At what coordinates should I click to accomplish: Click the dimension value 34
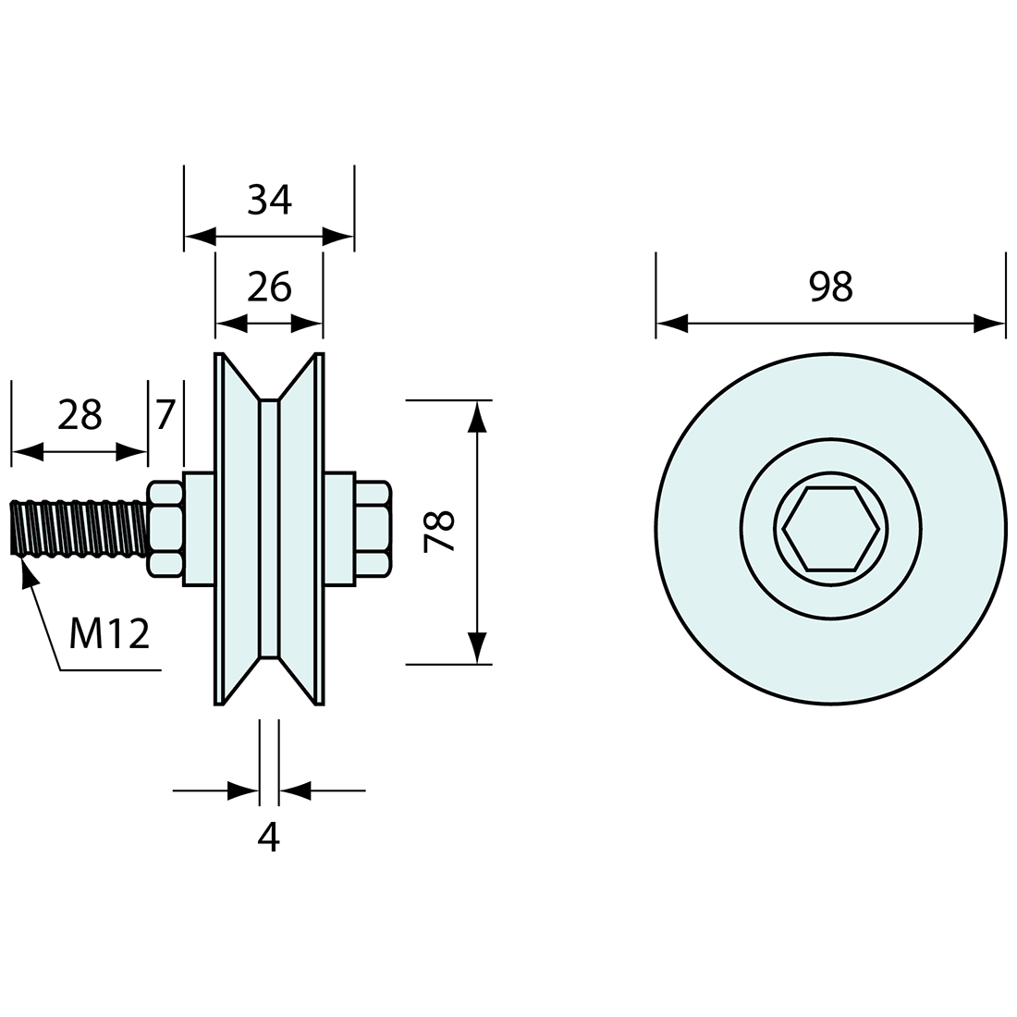pyautogui.click(x=270, y=199)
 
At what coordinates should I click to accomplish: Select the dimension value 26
pyautogui.click(x=269, y=288)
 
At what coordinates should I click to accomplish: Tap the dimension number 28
pyautogui.click(x=79, y=415)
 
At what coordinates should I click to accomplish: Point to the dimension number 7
pyautogui.click(x=165, y=415)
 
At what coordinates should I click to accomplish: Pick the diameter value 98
pyautogui.click(x=829, y=288)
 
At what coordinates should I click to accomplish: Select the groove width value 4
pyautogui.click(x=268, y=837)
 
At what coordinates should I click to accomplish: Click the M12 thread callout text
pyautogui.click(x=110, y=634)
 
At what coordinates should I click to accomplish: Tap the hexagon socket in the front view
pyautogui.click(x=830, y=529)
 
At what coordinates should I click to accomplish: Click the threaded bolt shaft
pyautogui.click(x=79, y=528)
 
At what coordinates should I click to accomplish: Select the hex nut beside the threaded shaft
pyautogui.click(x=166, y=529)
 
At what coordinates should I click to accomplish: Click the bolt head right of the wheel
pyautogui.click(x=372, y=529)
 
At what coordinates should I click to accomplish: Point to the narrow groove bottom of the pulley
pyautogui.click(x=268, y=529)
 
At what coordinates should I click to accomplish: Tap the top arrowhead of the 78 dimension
pyautogui.click(x=477, y=415)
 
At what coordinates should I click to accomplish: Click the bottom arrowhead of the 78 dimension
pyautogui.click(x=477, y=648)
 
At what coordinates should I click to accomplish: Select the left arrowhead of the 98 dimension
pyautogui.click(x=671, y=324)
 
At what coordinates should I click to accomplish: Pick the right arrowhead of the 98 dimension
pyautogui.click(x=989, y=324)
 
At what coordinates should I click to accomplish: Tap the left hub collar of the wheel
pyautogui.click(x=199, y=529)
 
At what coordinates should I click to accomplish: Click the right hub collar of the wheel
pyautogui.click(x=339, y=529)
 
